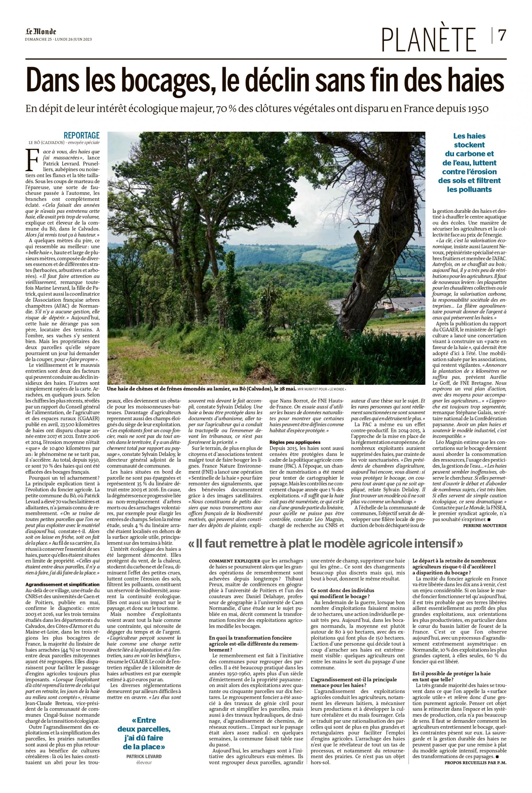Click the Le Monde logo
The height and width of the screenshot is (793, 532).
[40, 32]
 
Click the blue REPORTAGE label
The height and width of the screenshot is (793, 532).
[82, 135]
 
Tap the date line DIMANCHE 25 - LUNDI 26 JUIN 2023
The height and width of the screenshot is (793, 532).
[58, 39]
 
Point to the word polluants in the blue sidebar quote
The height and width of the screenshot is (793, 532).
[469, 190]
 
